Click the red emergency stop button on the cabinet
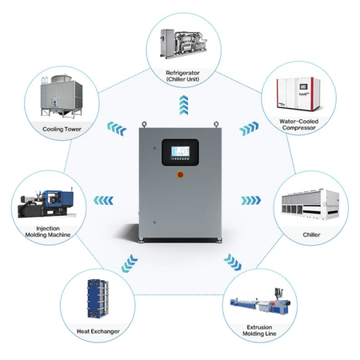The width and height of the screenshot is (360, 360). point(180,174)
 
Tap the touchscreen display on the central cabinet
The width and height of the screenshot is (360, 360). point(180,152)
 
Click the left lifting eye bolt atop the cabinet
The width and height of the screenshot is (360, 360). point(144,124)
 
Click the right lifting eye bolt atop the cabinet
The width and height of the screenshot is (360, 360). point(216,124)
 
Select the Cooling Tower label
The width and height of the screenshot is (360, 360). point(62,129)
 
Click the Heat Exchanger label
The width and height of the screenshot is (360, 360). point(98,331)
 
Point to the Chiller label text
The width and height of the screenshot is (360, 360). point(311,234)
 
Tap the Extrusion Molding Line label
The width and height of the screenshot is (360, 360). point(259,330)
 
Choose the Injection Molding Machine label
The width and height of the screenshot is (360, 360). point(48,232)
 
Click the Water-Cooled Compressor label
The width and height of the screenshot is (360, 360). point(299,125)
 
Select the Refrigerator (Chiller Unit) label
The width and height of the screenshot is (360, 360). point(182,76)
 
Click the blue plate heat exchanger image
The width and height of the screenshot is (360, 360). point(98,298)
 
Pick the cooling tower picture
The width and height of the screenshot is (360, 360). point(62,97)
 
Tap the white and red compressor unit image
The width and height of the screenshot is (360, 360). point(298,94)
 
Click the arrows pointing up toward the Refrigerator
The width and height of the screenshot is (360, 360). point(184,105)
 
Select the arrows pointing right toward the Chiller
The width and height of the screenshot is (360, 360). point(251,201)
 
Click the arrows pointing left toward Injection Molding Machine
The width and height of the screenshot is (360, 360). point(103,201)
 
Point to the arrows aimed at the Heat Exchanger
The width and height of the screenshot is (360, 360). point(130,263)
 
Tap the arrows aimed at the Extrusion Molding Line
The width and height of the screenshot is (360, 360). point(233,262)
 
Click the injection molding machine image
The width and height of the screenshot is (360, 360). point(46,203)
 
